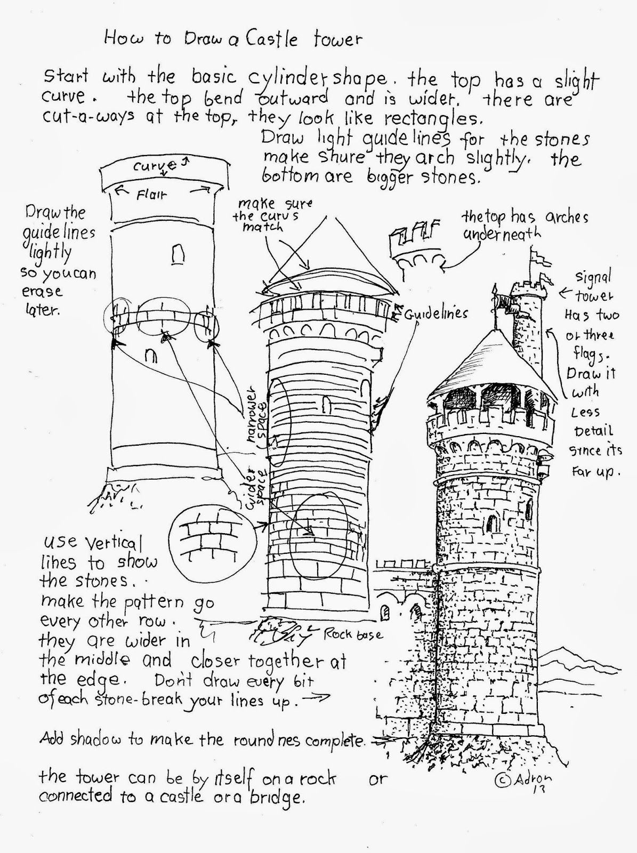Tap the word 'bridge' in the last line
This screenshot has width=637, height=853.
[277, 797]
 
